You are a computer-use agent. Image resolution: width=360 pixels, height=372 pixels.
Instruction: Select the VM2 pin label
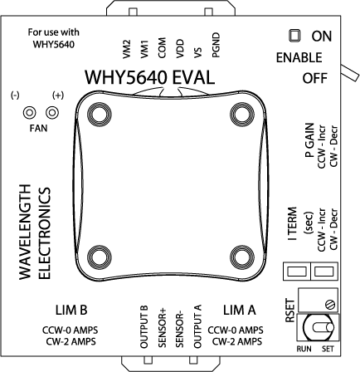point(125,46)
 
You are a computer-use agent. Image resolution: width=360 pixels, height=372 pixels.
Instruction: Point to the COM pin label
point(162,46)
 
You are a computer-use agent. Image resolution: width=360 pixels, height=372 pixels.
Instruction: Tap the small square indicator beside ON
point(293,37)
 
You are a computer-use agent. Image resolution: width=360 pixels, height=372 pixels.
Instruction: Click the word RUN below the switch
point(304,350)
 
